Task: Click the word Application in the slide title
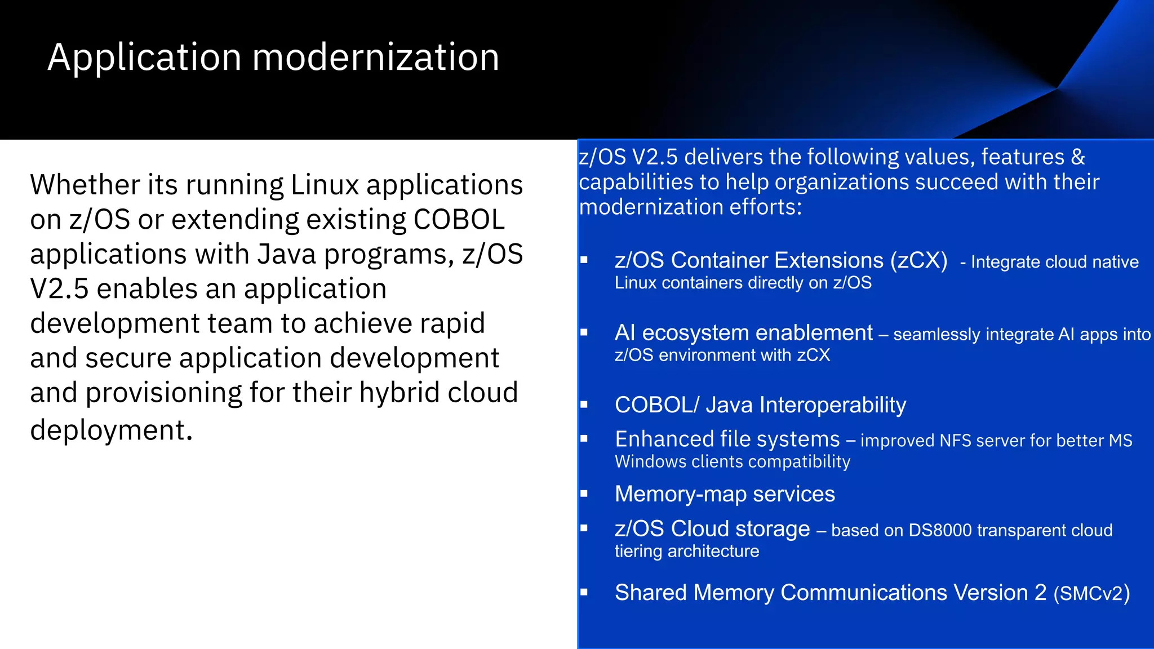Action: pyautogui.click(x=145, y=58)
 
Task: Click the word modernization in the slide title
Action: pyautogui.click(x=375, y=58)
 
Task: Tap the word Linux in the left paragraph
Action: pyautogui.click(x=325, y=185)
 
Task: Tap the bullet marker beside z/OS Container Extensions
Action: pyautogui.click(x=584, y=260)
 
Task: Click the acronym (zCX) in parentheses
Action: pyautogui.click(x=918, y=260)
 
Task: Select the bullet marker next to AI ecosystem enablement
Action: pyautogui.click(x=584, y=333)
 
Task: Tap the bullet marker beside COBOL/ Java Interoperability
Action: pyautogui.click(x=584, y=405)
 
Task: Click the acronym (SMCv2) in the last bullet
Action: pyautogui.click(x=1091, y=593)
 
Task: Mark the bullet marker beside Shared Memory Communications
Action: pyautogui.click(x=584, y=593)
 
